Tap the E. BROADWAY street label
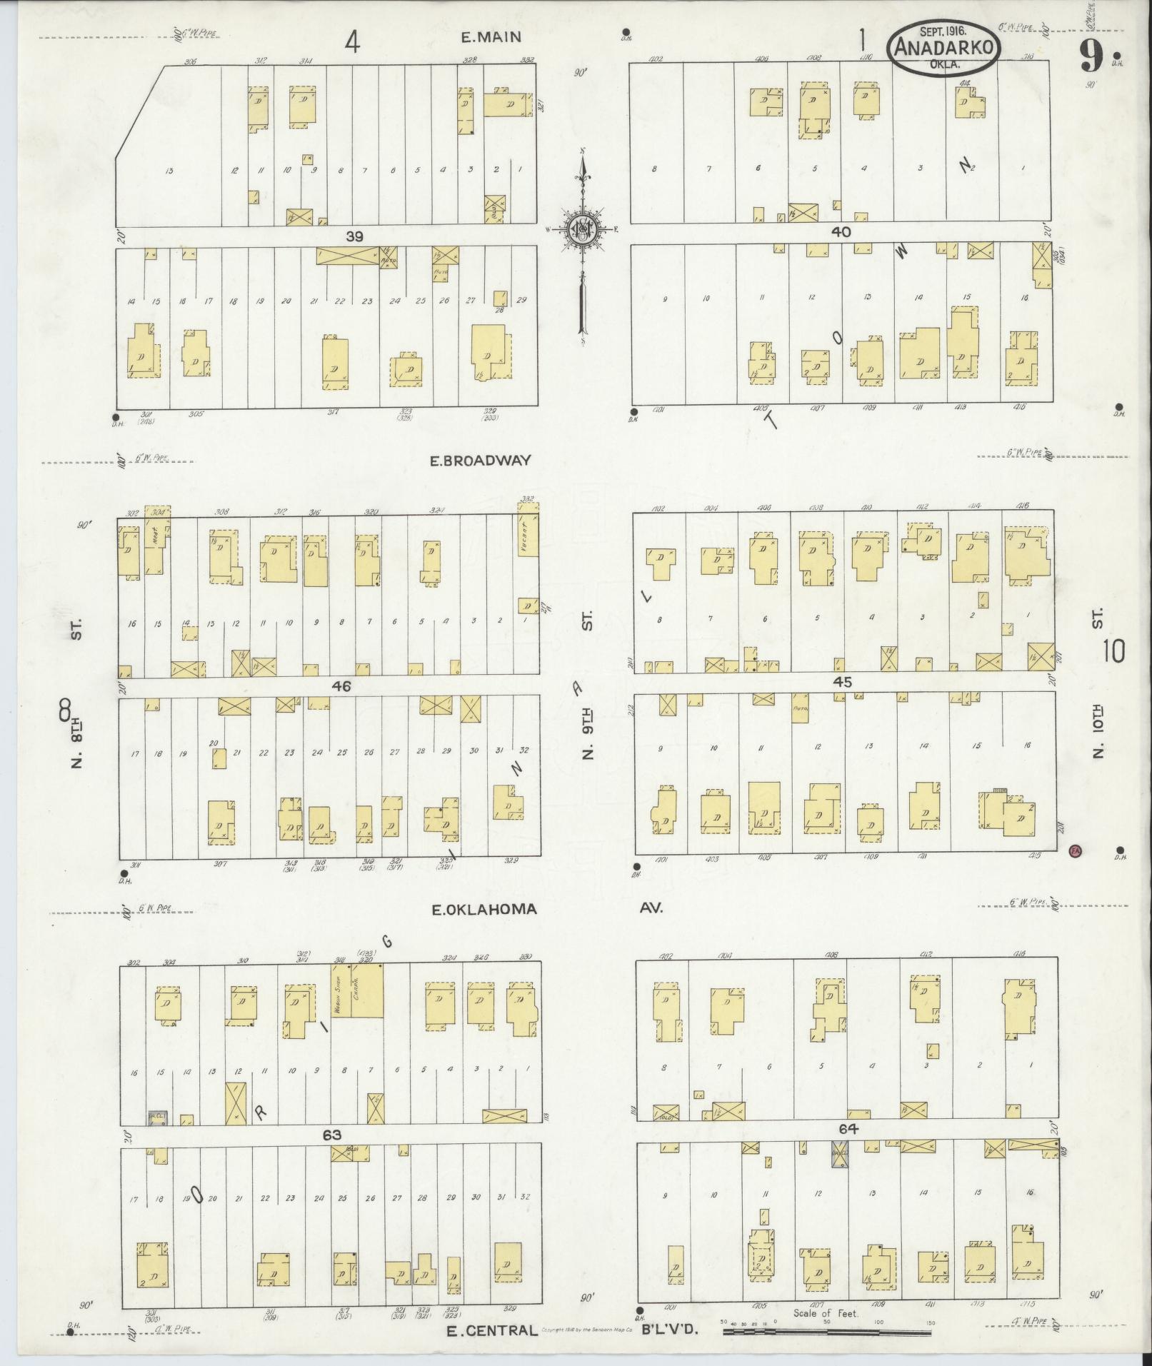point(480,461)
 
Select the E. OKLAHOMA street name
point(484,910)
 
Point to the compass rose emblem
point(581,228)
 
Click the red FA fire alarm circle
point(1075,850)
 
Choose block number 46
point(341,686)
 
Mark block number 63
point(332,1135)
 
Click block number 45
point(843,682)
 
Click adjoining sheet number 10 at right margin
point(1113,651)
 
